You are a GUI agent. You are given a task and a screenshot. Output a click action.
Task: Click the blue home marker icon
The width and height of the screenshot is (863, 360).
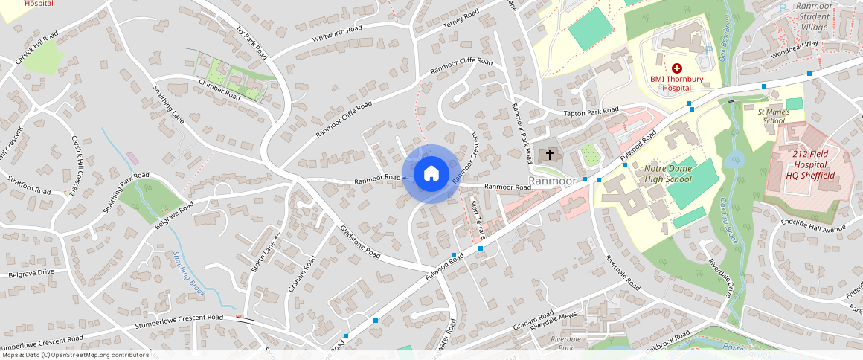click(431, 174)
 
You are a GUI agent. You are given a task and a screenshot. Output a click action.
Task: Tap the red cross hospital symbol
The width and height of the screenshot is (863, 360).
click(676, 68)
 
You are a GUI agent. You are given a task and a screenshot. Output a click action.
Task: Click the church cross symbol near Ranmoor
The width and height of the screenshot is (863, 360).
click(550, 155)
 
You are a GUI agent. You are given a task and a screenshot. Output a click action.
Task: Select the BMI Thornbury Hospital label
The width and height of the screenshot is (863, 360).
click(676, 83)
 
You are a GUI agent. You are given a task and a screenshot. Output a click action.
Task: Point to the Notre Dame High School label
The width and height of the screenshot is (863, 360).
click(668, 174)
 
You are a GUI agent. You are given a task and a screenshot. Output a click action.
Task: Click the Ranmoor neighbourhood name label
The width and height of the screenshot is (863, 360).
click(552, 181)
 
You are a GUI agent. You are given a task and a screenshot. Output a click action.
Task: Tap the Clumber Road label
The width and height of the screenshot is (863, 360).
click(219, 90)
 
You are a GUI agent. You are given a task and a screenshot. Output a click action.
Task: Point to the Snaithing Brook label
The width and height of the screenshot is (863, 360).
click(189, 274)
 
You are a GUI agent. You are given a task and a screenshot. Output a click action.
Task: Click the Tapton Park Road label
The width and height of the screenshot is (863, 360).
click(591, 113)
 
